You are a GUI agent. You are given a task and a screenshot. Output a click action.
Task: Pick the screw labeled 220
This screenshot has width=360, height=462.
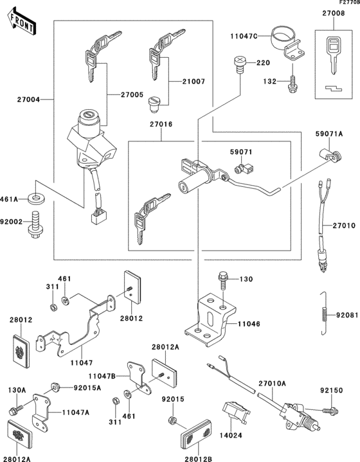[239, 63]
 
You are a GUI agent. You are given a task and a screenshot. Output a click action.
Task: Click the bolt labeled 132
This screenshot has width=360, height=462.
[292, 82]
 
